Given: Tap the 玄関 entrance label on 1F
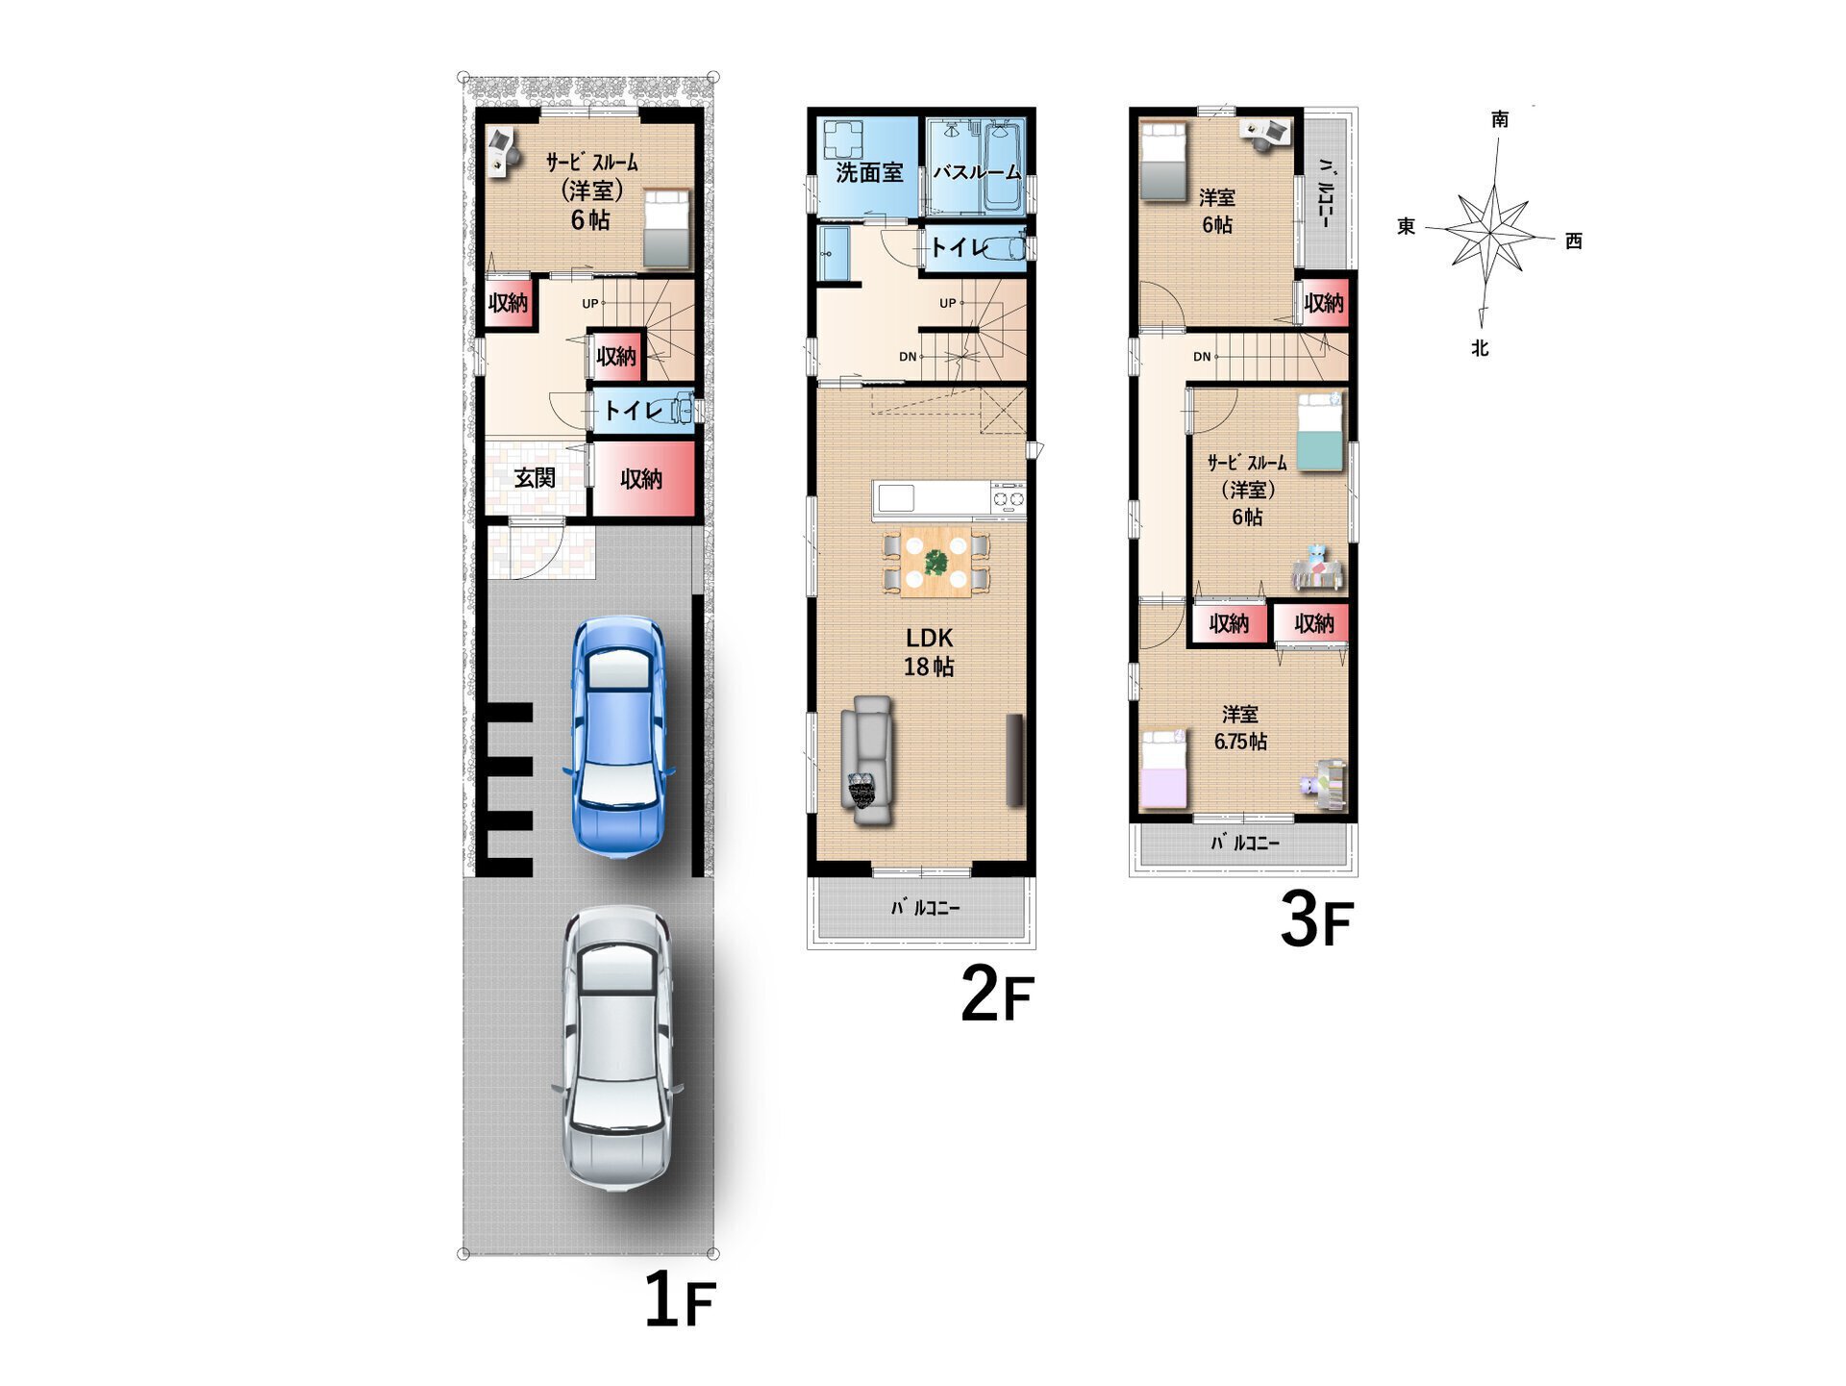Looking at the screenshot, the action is (x=535, y=478).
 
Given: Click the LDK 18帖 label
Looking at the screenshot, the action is (x=929, y=651).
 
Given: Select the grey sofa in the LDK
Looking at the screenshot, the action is (x=867, y=760).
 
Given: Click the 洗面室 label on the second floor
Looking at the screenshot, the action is (x=869, y=173).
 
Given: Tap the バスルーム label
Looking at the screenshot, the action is (x=977, y=173).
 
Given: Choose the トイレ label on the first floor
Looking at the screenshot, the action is (x=634, y=411).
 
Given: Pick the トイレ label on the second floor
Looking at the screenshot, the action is (x=959, y=247).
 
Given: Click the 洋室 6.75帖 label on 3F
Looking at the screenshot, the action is (x=1240, y=727).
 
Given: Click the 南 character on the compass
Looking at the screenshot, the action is (x=1500, y=119).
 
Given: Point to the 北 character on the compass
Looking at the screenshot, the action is (x=1480, y=348).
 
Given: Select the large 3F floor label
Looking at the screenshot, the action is (x=1316, y=920).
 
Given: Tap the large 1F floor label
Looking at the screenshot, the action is (x=680, y=1299).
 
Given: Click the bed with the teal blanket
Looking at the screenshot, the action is (x=1320, y=432).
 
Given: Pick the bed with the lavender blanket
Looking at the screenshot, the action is (x=1164, y=769).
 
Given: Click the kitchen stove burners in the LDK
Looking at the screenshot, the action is (x=1009, y=499).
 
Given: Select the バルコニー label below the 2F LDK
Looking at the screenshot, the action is (x=925, y=907).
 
